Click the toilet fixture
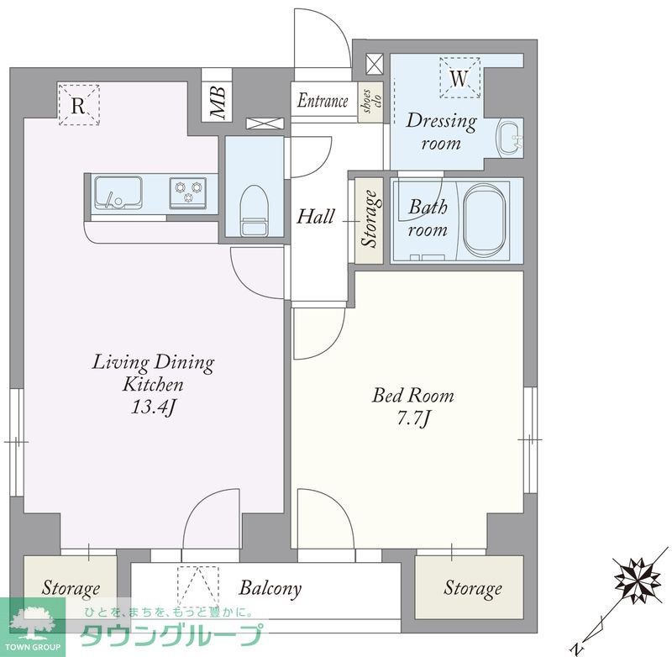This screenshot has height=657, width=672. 255,210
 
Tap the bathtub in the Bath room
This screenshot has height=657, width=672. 484,220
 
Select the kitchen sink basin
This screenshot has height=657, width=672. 118,192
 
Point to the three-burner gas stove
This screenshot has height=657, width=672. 188,192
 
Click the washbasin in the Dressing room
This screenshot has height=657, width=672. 510,138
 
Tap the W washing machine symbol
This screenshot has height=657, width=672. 459,78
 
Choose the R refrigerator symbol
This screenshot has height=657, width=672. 79,105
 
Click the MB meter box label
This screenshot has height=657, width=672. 218,102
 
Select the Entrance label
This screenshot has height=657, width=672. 323,101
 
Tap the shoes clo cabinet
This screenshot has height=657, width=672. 370,101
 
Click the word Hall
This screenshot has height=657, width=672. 316,217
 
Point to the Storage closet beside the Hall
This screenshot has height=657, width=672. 369,220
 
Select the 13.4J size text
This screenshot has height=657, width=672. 153,407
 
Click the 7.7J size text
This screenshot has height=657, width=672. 412,418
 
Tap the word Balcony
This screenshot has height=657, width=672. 270,589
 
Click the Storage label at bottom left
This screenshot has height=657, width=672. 71,587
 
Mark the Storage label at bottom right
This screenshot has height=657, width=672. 472,588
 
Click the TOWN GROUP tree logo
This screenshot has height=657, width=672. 32,623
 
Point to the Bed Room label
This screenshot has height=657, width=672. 412,395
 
